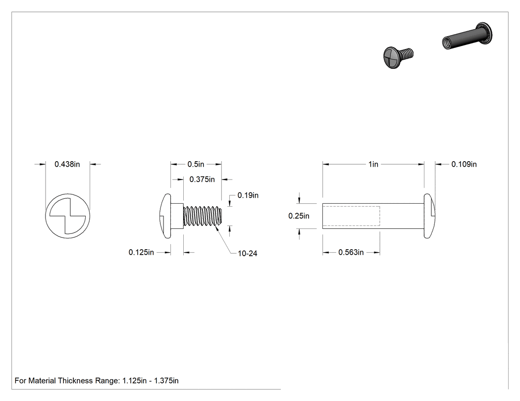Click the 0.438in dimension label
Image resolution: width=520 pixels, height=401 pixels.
pos(67,164)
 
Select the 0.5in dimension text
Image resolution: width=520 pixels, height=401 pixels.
pos(196,164)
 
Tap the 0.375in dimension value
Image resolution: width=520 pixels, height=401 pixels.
pos(202,179)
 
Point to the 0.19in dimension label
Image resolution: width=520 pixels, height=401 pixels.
pos(248,195)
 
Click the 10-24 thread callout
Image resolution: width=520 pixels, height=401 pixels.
pos(248,254)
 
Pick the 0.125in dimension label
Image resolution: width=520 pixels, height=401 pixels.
pos(141,253)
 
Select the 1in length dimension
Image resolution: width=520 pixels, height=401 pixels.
pos(373,164)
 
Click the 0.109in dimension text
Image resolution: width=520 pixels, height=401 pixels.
pos(464,164)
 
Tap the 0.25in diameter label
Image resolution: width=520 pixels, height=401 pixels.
pos(299,216)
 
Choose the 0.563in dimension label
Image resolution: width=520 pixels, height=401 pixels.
pos(351,253)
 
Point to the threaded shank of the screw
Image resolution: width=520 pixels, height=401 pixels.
pos(202,216)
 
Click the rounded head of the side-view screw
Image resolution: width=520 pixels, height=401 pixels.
pos(165,216)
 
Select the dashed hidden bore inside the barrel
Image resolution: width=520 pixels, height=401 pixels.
pos(351,216)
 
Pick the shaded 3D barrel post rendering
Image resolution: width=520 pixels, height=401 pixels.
pos(467,37)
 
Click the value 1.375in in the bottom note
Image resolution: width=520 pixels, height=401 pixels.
pos(166,381)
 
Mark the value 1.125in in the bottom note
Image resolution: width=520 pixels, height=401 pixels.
pos(134,381)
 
